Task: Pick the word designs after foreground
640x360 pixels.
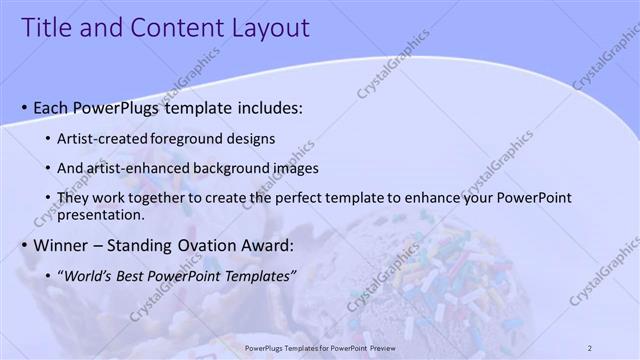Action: (248, 138)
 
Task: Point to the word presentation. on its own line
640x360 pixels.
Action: (102, 214)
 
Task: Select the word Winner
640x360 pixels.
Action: (61, 245)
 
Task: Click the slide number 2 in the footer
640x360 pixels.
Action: (590, 347)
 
